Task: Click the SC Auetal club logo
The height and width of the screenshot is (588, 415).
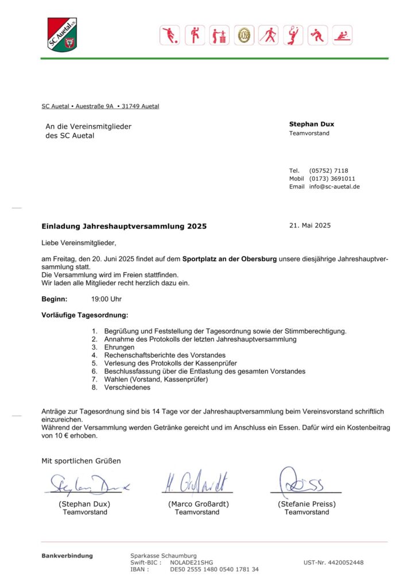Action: coord(62,34)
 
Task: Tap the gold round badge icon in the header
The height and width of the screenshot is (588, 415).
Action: coord(244,36)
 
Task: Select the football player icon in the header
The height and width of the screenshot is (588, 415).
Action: coord(169,36)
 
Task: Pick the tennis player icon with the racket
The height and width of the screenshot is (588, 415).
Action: coord(293,36)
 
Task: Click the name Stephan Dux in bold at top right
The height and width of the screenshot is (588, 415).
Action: coord(312,124)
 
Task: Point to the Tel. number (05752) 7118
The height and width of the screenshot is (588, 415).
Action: coord(328,171)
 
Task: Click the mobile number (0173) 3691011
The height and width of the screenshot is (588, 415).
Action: coord(332,179)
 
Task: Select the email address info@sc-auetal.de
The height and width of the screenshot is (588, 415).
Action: coord(335,187)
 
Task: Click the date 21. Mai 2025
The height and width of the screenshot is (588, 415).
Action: coord(310,226)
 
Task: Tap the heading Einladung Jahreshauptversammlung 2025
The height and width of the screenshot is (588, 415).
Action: coord(124,226)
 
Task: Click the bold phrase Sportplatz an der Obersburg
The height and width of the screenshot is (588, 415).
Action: coord(230,260)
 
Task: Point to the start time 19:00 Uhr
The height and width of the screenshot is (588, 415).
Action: coord(106,299)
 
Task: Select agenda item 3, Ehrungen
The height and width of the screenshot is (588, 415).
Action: coord(119,347)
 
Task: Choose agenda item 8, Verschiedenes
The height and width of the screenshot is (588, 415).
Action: coord(127,387)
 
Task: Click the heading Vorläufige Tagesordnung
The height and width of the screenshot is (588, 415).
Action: coord(85,315)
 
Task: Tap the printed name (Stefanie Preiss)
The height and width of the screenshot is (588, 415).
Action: coord(307,504)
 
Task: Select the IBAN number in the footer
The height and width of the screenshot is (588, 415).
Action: coord(214,570)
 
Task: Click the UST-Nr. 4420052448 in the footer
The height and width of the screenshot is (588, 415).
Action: coord(333,563)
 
